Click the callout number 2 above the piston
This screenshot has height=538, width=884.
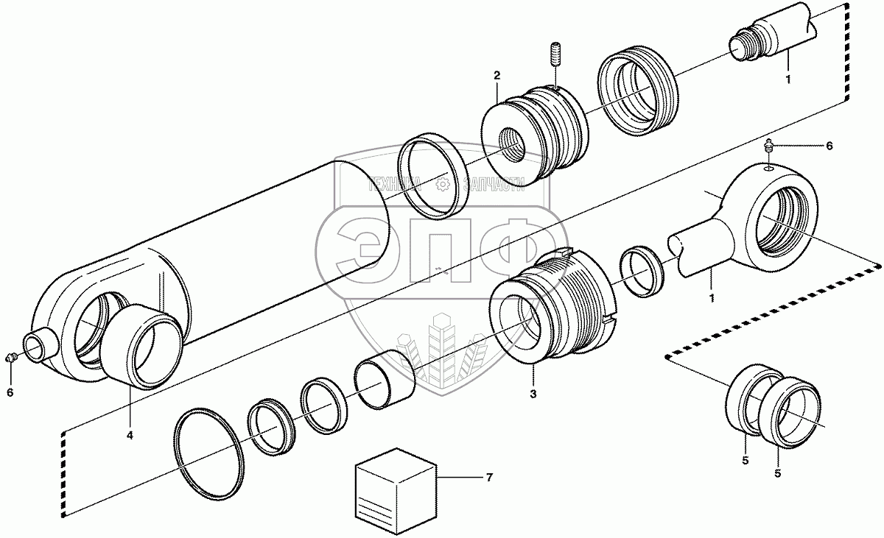(x=497, y=76)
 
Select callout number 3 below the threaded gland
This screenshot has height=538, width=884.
(x=533, y=394)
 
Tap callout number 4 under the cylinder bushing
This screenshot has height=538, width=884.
(x=130, y=436)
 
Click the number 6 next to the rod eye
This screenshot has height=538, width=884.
(x=829, y=146)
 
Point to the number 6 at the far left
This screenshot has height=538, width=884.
(x=10, y=393)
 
